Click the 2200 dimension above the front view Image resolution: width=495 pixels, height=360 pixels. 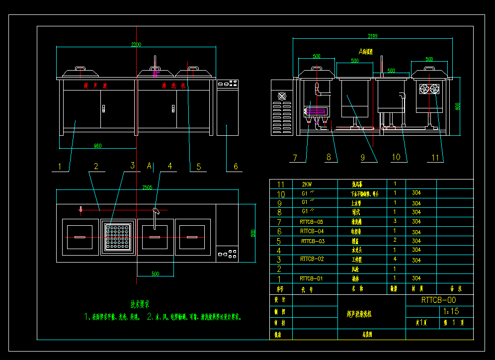point(136,44)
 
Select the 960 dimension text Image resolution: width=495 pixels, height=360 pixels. point(97,146)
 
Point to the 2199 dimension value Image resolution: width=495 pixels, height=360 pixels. point(372,36)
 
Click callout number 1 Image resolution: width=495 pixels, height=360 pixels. point(60,167)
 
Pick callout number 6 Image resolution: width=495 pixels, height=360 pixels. point(236,167)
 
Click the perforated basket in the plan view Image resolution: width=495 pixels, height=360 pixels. point(118,236)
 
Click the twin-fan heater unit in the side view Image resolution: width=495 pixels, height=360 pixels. point(429,89)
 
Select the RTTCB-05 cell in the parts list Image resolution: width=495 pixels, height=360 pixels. point(311,222)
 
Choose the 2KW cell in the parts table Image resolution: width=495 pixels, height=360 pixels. point(307,184)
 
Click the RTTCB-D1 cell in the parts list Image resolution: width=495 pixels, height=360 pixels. point(311,278)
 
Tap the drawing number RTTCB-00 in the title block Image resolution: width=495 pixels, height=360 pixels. point(438,300)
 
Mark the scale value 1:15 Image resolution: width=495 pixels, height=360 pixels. point(450,311)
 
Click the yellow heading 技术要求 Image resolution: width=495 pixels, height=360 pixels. point(140,303)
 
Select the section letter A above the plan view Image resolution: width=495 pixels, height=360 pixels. point(149,165)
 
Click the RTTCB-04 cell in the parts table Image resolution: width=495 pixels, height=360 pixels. point(312,231)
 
